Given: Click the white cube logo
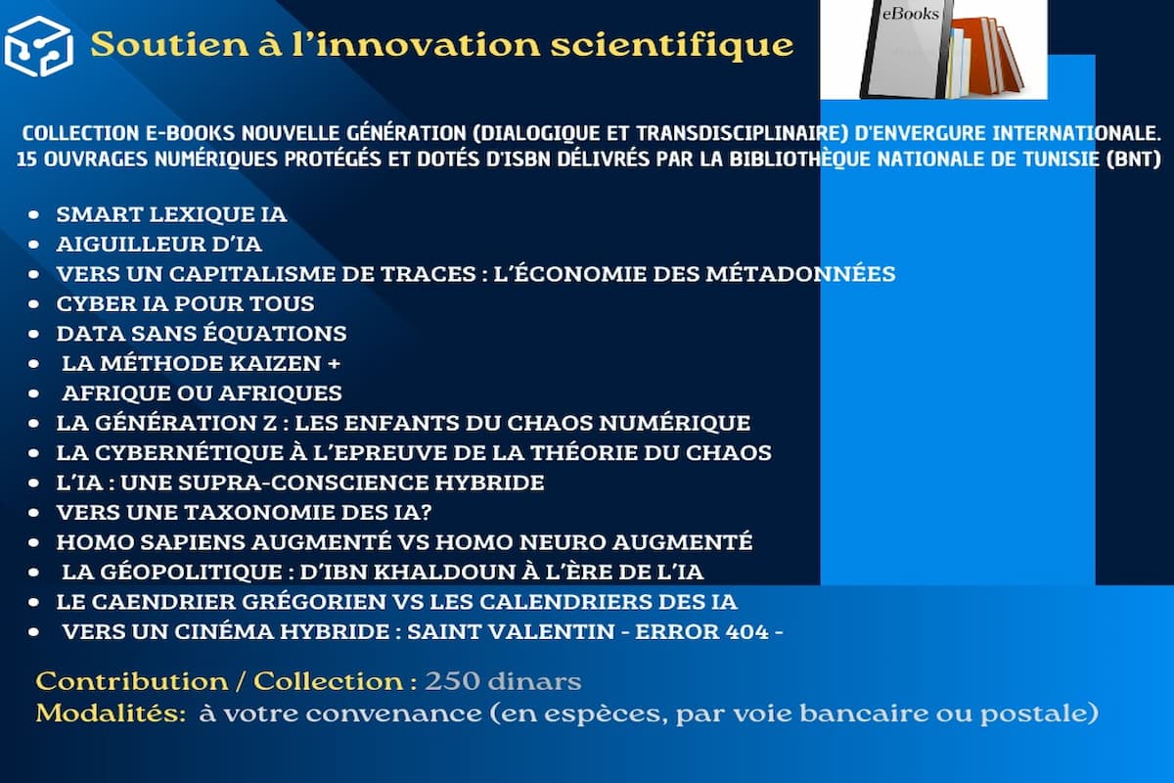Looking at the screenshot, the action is point(39,46).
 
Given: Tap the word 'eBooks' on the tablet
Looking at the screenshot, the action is point(911,14).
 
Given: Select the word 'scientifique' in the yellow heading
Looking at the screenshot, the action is point(672,46).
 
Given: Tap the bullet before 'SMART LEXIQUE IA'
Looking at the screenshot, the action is point(33,214).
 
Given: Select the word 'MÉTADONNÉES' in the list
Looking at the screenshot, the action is point(800,274).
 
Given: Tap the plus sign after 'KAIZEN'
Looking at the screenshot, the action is point(334,363).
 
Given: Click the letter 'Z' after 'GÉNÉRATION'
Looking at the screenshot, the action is point(269,423).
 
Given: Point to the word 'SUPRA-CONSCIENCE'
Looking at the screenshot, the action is point(303,483).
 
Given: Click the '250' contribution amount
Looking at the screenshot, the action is point(452,681).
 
